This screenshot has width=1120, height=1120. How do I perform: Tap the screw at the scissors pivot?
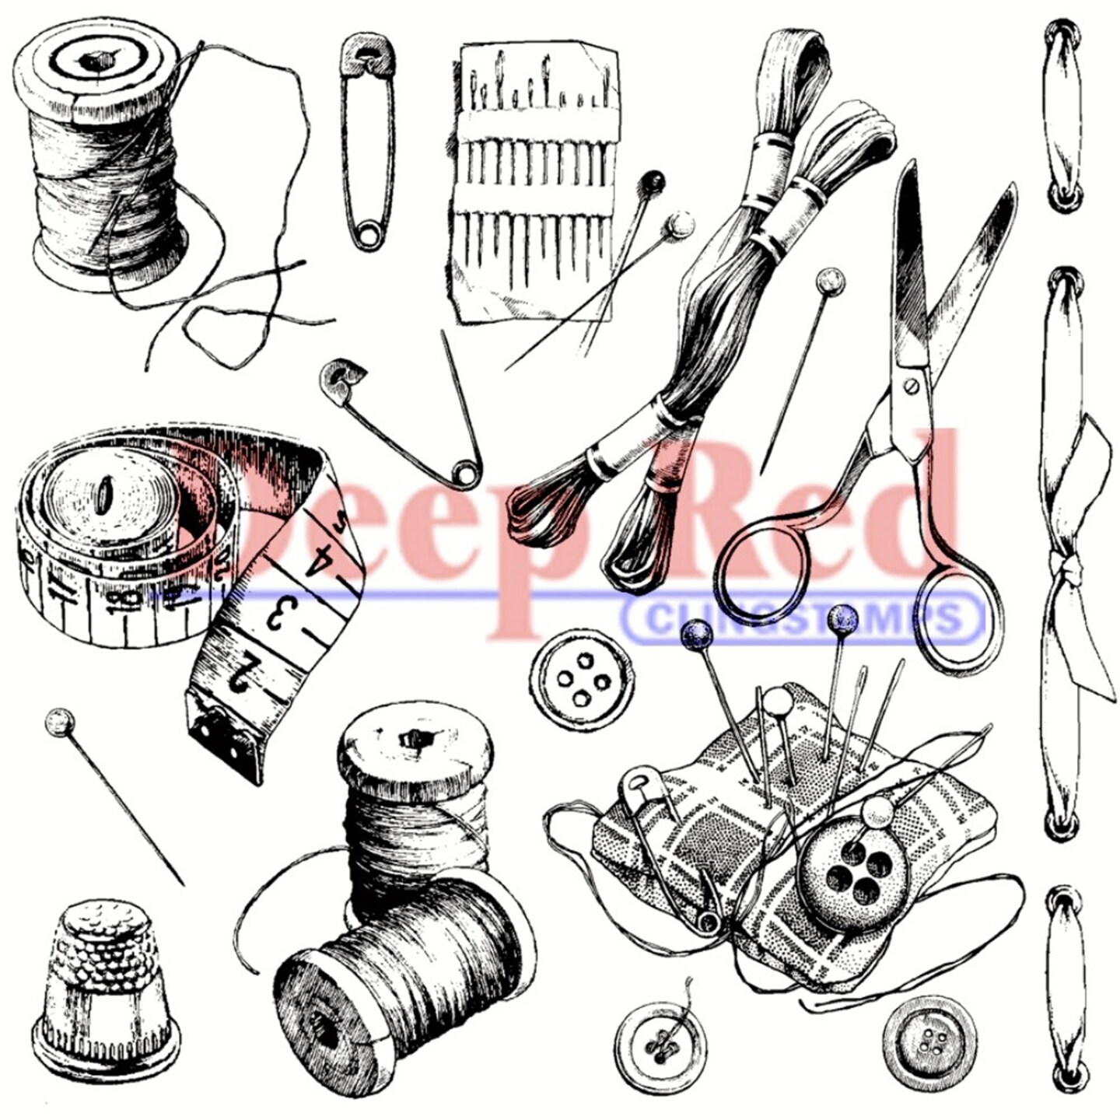(x=910, y=385)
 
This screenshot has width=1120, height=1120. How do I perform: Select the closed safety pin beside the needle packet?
(x=367, y=140)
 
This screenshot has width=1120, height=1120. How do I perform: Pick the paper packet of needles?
(x=537, y=179)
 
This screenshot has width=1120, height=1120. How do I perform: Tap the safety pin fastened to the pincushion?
(x=669, y=840)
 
